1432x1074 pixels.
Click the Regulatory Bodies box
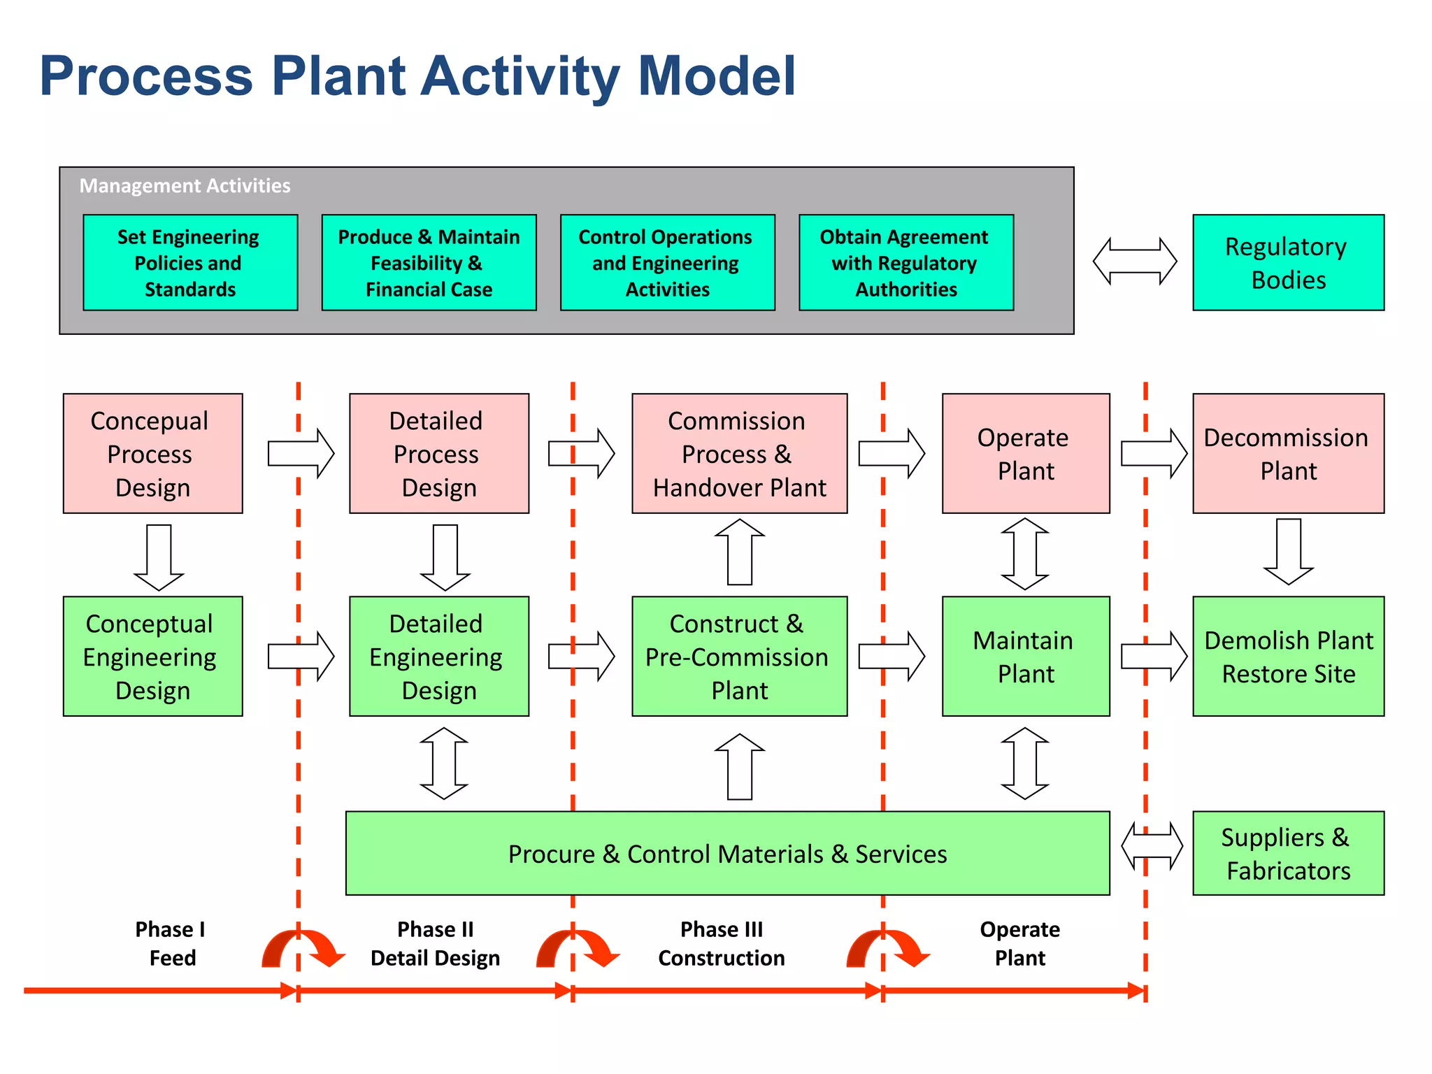(x=1288, y=262)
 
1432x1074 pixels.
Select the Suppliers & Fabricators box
(x=1288, y=853)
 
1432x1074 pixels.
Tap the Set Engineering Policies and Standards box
(x=190, y=262)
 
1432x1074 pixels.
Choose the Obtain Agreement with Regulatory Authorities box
(x=905, y=262)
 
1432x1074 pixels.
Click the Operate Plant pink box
(x=1025, y=453)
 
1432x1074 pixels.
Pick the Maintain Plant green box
(x=1025, y=656)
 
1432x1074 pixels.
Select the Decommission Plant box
(x=1288, y=453)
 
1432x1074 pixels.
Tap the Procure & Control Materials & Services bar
(x=727, y=853)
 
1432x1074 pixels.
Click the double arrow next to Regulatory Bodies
(x=1134, y=262)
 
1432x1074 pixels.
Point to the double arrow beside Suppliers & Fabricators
(x=1152, y=846)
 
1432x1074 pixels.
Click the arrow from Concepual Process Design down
(x=159, y=557)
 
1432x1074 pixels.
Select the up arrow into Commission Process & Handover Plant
(x=740, y=552)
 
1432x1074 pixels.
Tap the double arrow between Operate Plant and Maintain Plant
(x=1025, y=554)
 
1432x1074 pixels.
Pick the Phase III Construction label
(x=721, y=943)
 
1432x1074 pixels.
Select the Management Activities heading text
(x=185, y=186)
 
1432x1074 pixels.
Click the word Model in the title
(x=717, y=76)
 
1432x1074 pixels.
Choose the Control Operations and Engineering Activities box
(x=667, y=262)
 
